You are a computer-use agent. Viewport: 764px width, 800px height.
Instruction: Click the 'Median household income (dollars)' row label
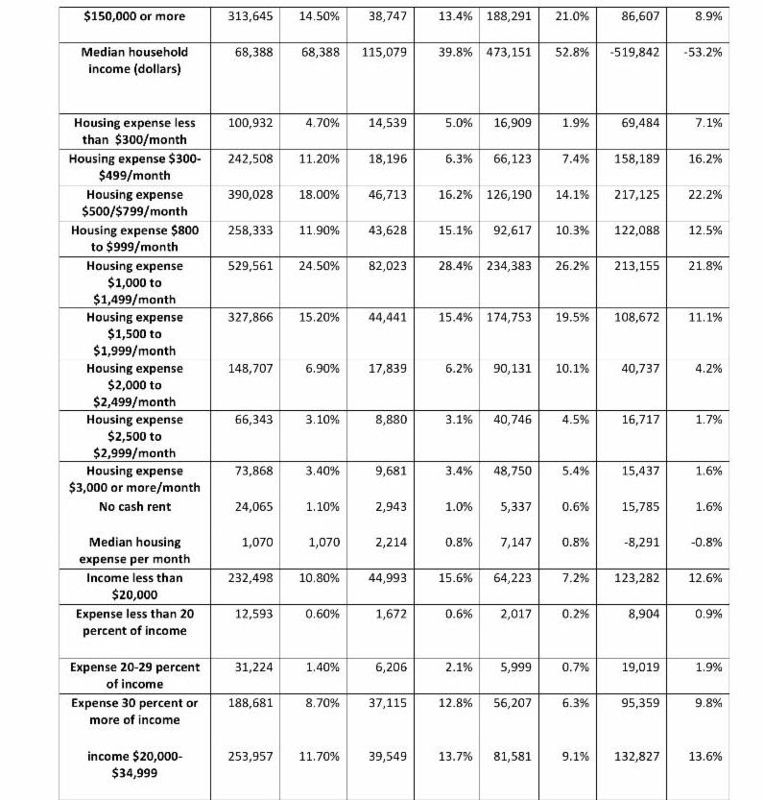coord(133,60)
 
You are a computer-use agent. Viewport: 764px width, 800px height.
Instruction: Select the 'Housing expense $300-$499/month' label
coord(133,166)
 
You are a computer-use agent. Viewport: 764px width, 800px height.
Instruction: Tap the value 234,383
coord(508,265)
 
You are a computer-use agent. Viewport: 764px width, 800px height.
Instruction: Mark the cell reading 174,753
coord(508,317)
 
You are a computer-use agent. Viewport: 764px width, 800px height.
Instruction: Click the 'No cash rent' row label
coord(133,506)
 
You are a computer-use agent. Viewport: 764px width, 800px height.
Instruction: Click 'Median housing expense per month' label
coord(133,550)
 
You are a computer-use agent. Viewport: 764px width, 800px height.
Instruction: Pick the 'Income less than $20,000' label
coord(133,586)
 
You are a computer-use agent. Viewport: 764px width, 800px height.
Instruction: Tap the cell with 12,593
coord(254,613)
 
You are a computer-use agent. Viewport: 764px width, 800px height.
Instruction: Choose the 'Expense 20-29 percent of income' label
coord(133,675)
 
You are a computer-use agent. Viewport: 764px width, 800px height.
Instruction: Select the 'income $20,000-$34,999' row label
coord(133,764)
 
